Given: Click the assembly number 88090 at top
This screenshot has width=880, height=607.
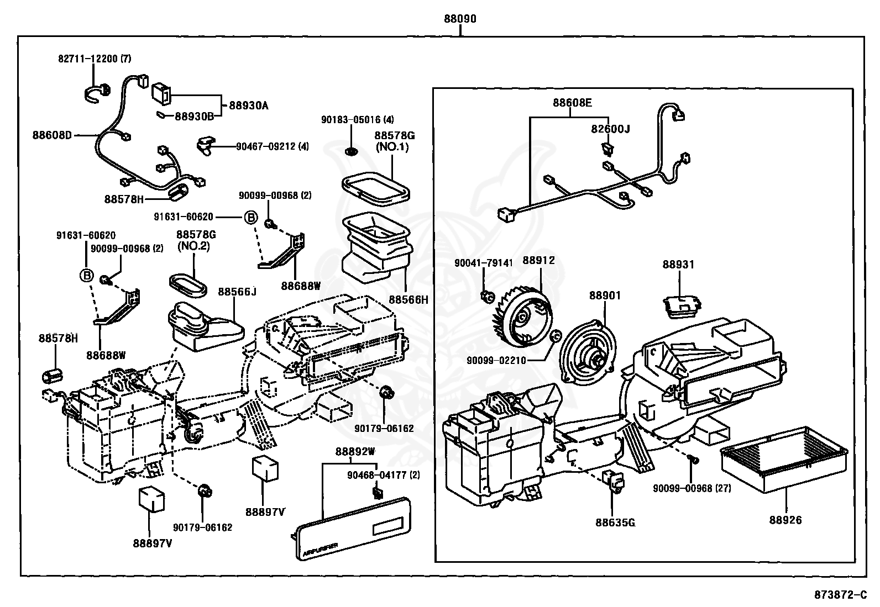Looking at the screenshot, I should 460,19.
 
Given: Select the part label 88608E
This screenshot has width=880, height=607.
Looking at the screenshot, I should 572,103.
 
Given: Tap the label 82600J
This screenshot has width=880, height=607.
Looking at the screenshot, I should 610,129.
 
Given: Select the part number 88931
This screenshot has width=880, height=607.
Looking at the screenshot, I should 678,265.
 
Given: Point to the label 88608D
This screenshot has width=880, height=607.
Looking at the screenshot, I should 52,134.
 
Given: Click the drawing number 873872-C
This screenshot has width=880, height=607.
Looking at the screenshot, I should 840,595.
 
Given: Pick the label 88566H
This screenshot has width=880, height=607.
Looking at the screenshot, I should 408,299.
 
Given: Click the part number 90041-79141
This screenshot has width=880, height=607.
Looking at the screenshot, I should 478,263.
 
